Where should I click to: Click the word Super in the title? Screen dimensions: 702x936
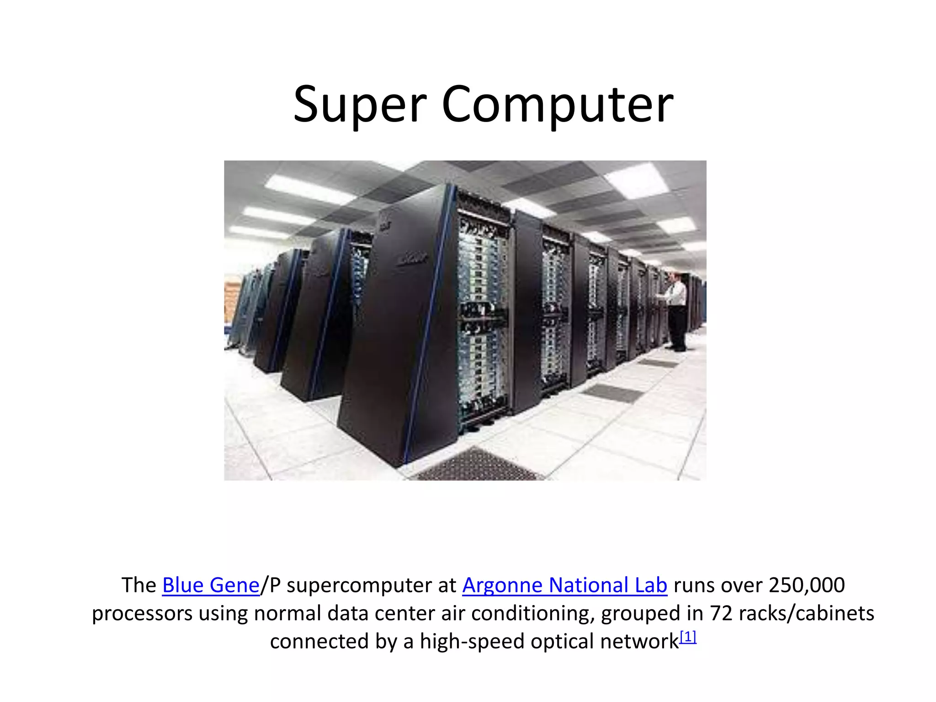point(360,105)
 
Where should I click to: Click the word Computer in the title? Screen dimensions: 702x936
point(557,105)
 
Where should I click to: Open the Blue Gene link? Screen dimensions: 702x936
point(211,585)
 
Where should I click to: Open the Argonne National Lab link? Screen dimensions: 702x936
point(564,585)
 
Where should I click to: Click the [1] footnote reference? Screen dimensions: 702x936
point(688,637)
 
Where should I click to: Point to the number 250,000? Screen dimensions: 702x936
point(807,585)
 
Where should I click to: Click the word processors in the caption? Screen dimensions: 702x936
point(142,613)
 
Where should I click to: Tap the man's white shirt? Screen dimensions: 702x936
point(677,292)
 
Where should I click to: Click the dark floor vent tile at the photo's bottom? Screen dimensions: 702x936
point(478,466)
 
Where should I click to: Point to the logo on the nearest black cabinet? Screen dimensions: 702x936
point(411,259)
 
